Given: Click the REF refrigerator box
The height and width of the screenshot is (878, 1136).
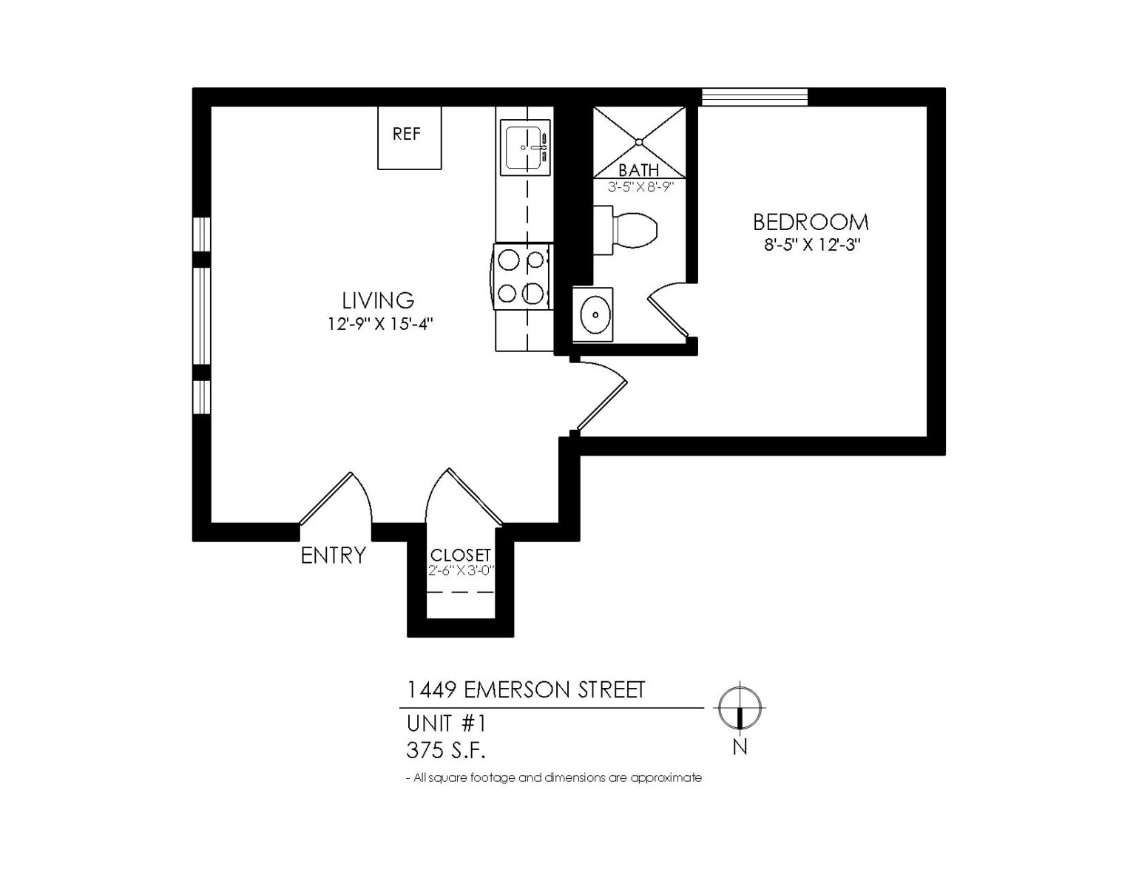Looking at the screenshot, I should click(x=409, y=138).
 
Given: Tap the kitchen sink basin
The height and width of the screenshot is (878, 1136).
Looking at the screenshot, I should click(x=524, y=147).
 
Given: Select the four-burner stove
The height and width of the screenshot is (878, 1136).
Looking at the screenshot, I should click(x=522, y=277).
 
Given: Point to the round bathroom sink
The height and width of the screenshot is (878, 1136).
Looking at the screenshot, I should click(x=595, y=314).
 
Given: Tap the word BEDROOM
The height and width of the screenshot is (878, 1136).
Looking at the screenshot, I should click(x=811, y=222).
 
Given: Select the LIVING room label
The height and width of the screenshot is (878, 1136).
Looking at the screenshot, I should click(x=377, y=300).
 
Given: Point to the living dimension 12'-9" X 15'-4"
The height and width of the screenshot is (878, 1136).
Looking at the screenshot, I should click(x=379, y=323).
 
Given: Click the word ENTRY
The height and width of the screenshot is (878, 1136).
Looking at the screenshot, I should click(x=333, y=555).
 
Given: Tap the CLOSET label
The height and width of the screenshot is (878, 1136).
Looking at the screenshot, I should click(x=460, y=555).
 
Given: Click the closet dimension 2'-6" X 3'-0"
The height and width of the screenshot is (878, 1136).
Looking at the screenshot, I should click(x=460, y=570).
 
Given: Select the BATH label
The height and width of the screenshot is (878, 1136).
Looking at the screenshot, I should click(x=638, y=171).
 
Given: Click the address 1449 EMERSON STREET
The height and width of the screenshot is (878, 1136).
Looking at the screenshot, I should click(x=526, y=689).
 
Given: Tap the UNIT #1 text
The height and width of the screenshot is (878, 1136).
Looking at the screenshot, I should click(x=445, y=722).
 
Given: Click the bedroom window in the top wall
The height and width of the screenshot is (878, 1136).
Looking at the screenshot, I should click(x=754, y=97).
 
